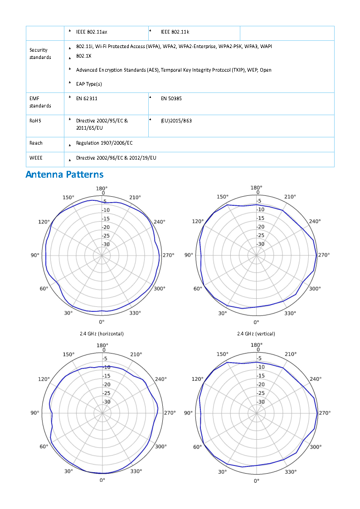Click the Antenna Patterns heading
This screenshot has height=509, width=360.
coord(64,175)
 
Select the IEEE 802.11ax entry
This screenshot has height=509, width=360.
coord(92,32)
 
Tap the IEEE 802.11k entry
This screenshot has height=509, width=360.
coord(175,32)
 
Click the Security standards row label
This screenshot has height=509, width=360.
coord(40,53)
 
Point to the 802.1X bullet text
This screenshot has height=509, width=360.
coord(83,56)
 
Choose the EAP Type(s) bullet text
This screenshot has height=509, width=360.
coord(89,84)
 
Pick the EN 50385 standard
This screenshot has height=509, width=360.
coord(171,98)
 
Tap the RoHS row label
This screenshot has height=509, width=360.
coord(36,121)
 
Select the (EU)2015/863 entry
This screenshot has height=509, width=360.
coord(176,121)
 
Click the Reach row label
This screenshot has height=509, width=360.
coord(36,143)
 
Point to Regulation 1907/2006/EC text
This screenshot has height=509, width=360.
coord(104,143)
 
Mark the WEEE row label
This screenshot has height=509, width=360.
coord(36,158)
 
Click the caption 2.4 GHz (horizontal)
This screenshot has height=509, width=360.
coord(102,334)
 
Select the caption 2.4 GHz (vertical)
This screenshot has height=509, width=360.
coord(256,334)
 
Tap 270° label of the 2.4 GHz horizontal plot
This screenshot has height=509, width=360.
coord(168,255)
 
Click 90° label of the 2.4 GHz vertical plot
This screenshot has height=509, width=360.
coord(189,255)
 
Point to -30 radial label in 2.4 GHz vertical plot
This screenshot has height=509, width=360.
coord(260,244)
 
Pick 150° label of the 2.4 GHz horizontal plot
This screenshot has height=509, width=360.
coord(68,197)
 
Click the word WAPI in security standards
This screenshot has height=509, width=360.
coord(266,47)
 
